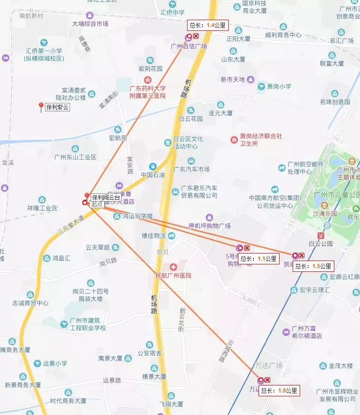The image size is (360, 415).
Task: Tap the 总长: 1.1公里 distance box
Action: pos(259,258)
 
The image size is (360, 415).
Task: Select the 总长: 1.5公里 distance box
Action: pos(314,266)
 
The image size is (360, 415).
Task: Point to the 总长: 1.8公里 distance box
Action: pos(279,391)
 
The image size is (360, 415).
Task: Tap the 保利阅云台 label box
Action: pos(106,197)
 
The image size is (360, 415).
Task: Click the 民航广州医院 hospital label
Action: pos(173,276)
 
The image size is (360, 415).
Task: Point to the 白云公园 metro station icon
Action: pos(320,235)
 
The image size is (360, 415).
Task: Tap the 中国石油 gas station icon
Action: pos(153,167)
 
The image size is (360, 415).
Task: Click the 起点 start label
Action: pos(97,204)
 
